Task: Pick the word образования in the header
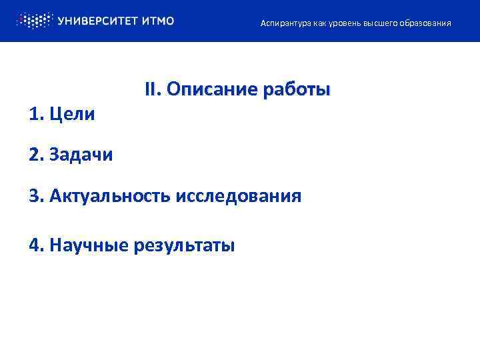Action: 425,23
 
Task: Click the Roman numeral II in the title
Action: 153,89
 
